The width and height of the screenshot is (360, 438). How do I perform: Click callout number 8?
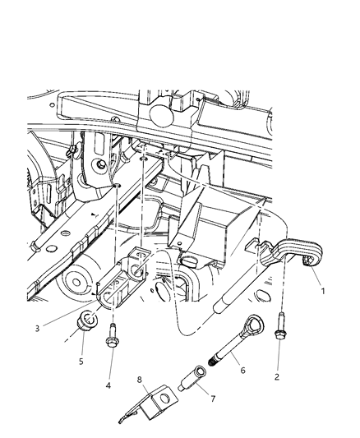click(141, 379)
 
